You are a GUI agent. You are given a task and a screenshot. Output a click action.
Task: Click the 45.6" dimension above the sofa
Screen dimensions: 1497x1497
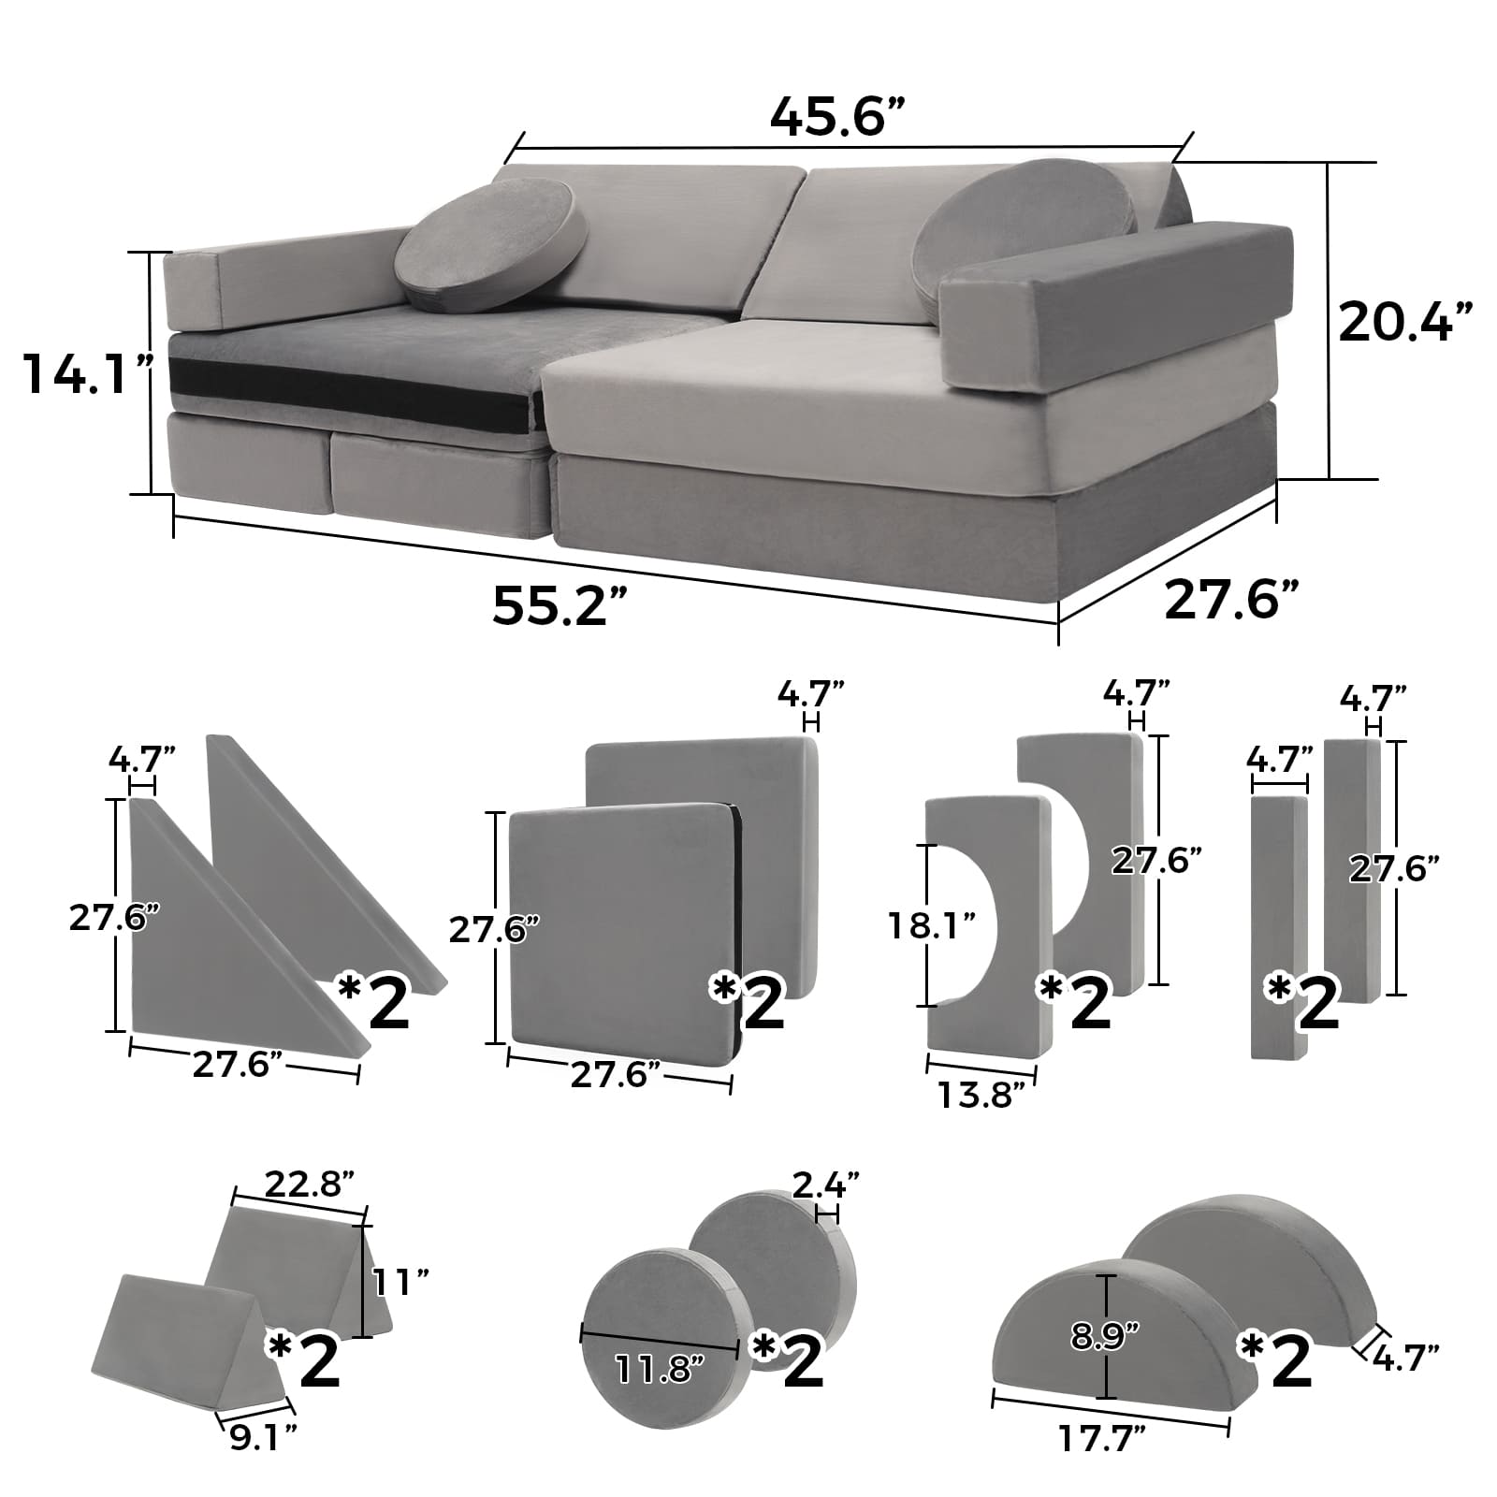(x=838, y=116)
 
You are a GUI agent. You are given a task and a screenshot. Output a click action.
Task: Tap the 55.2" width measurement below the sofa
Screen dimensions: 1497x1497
(x=559, y=606)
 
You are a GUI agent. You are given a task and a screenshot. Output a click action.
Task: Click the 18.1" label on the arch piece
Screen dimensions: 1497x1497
(x=932, y=926)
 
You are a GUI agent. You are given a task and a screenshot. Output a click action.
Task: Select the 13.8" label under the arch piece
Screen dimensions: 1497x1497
(x=981, y=1094)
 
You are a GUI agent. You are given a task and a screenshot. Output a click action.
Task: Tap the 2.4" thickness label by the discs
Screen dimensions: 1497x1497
(x=825, y=1186)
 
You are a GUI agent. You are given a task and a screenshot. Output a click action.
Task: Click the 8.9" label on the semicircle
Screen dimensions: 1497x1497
(x=1107, y=1336)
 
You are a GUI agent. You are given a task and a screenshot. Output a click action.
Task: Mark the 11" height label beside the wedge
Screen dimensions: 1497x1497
(x=400, y=1282)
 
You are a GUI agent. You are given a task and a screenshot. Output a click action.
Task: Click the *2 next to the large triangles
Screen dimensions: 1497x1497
(x=374, y=999)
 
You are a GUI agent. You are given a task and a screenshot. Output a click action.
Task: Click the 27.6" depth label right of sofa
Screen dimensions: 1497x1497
(x=1231, y=599)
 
